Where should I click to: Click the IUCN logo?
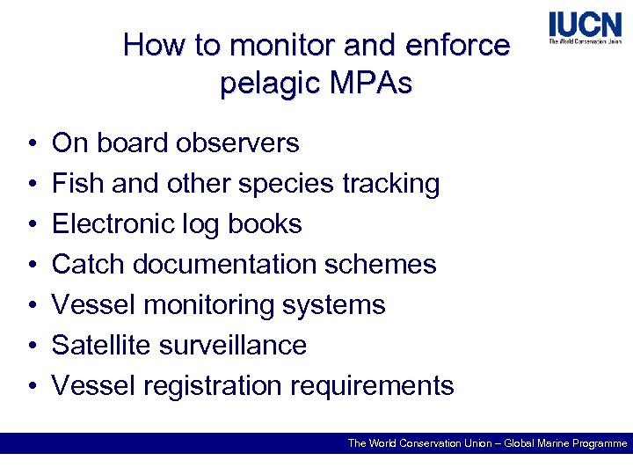click(585, 27)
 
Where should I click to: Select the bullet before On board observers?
click(31, 144)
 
